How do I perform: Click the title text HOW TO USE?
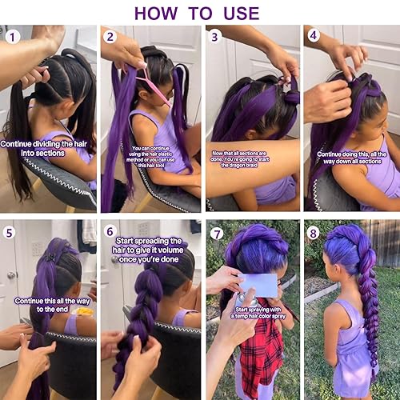tap(196, 13)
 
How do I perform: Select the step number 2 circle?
tap(110, 37)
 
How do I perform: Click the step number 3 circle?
tap(214, 37)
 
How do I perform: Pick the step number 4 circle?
tap(313, 37)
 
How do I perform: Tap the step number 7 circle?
tap(214, 234)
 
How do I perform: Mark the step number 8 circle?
tap(313, 234)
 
